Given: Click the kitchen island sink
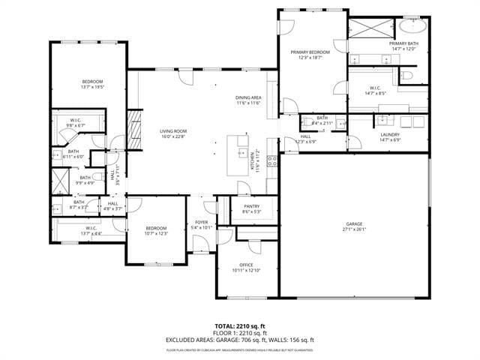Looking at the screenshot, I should click(242, 152).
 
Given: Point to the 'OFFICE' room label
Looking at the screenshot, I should click(246, 265).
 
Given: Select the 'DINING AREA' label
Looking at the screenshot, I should click(248, 97).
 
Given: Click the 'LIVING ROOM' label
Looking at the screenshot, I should click(172, 131).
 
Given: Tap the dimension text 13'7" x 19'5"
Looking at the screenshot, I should click(92, 87).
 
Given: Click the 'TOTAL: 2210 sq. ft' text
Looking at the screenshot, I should click(240, 326).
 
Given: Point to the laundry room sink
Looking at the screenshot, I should click(383, 119).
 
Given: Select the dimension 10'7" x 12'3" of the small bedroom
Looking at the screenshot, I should click(156, 233).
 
